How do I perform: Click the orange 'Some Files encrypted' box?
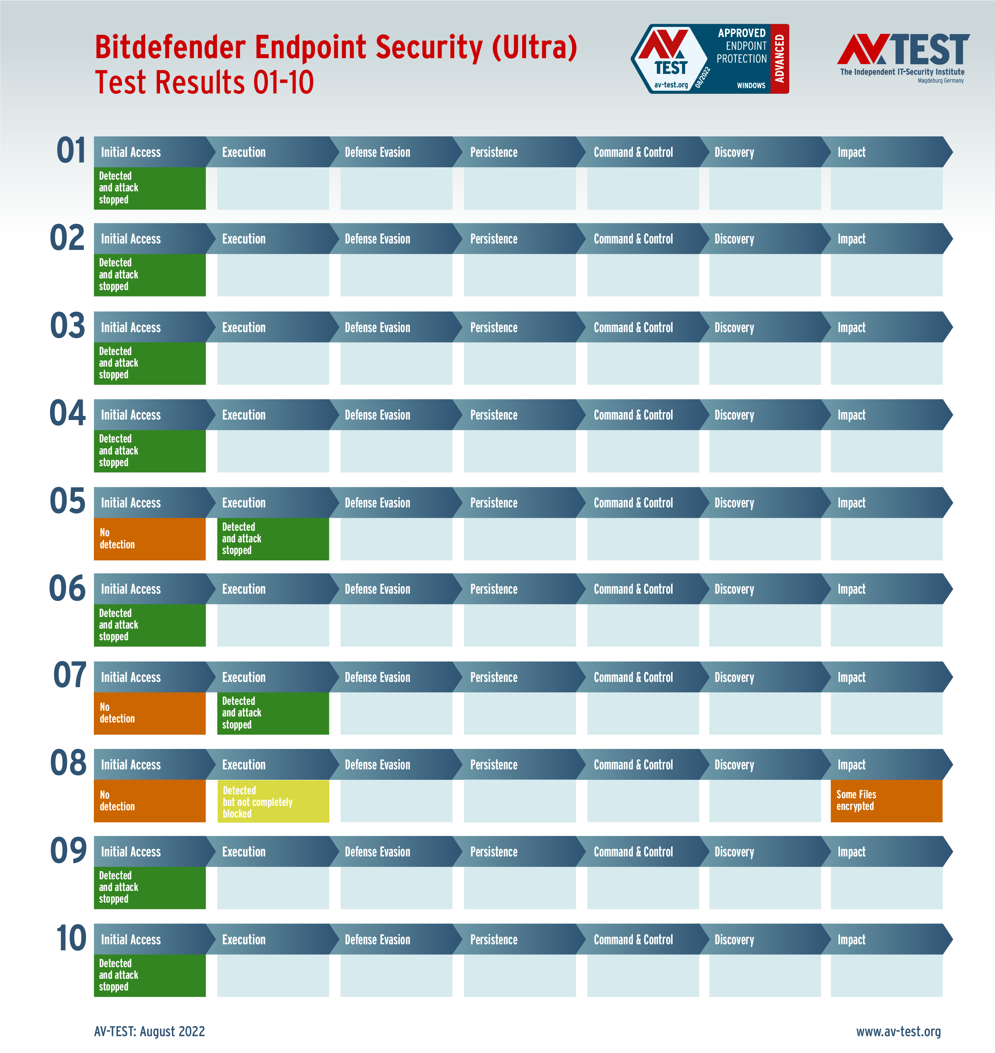pos(886,801)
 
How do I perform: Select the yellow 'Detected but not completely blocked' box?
pos(273,801)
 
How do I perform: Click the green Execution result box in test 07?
pos(273,713)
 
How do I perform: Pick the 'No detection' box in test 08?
pos(150,801)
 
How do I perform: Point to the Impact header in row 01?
pos(851,152)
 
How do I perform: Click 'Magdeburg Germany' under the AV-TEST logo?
pos(940,81)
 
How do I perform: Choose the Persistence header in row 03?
pos(494,328)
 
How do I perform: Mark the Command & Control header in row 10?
pos(633,939)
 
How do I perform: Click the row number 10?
pos(71,938)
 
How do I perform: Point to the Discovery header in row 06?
pos(734,589)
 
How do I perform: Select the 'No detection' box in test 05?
pos(150,538)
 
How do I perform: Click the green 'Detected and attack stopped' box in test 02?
pos(150,275)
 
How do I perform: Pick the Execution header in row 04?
pos(243,415)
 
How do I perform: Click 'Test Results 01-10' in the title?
pos(204,83)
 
